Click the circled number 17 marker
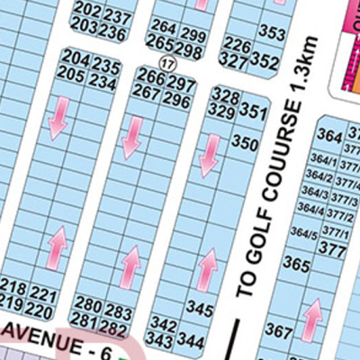tap(165, 62)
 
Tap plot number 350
tap(244, 142)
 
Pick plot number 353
tap(271, 32)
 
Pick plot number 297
tap(182, 84)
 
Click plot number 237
tap(117, 15)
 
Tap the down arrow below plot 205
tap(58, 118)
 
